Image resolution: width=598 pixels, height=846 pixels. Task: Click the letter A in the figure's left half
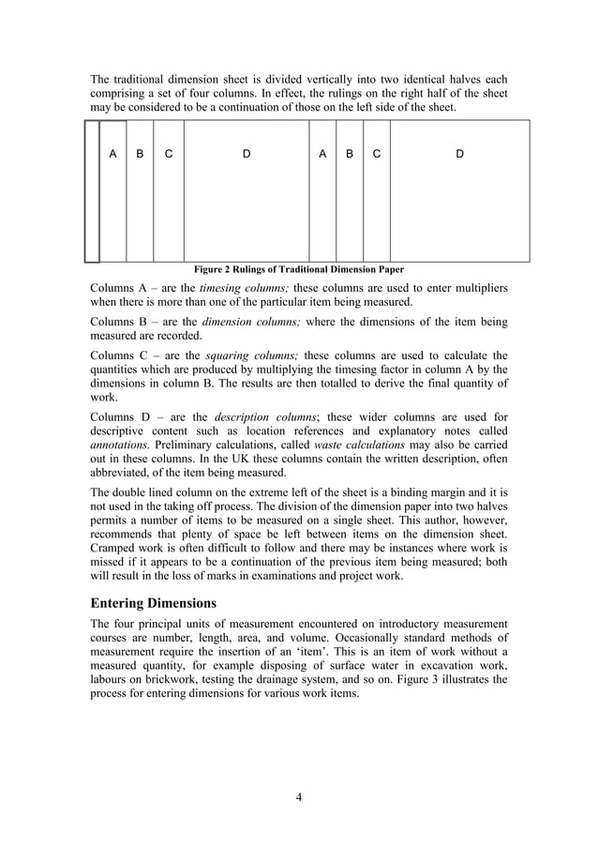[112, 153]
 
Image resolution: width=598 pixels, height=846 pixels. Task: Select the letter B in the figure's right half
[350, 153]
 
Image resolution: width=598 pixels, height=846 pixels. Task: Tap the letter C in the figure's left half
[168, 153]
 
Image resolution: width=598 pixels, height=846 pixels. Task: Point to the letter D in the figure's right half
[459, 153]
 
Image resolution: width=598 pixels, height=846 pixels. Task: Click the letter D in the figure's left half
[247, 153]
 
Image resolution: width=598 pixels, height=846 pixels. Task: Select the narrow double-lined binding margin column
[91, 190]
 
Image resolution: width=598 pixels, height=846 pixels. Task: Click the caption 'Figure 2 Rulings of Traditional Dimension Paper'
[299, 269]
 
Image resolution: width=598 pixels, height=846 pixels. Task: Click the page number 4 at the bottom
[298, 797]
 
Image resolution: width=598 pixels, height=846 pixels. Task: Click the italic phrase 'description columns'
[256, 417]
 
